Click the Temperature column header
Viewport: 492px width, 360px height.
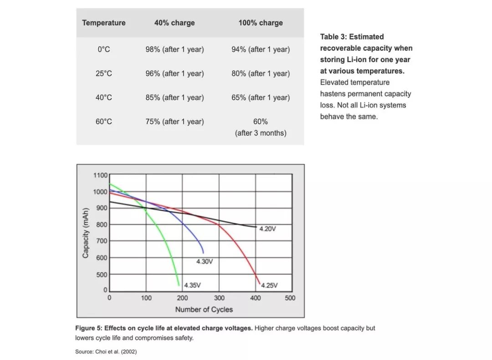click(103, 23)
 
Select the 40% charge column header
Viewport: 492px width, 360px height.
click(174, 23)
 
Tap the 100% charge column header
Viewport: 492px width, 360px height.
click(261, 23)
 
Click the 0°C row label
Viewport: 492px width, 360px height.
click(103, 49)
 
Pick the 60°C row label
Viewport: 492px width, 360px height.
click(104, 122)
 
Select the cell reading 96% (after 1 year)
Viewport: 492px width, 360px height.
click(174, 73)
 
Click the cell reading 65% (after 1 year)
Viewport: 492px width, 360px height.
click(261, 97)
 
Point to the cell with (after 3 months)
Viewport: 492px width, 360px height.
click(261, 133)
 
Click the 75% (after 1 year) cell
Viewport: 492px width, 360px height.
click(174, 122)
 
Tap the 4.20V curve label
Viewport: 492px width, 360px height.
click(267, 229)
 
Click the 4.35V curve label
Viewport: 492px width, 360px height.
click(192, 285)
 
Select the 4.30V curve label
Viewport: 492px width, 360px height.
click(205, 262)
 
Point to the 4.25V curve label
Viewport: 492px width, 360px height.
click(269, 286)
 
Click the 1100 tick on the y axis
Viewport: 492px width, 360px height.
click(100, 175)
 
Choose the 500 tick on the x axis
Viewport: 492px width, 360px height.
click(290, 298)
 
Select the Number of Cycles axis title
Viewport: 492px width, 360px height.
click(204, 309)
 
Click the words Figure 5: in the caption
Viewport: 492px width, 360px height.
click(89, 328)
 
